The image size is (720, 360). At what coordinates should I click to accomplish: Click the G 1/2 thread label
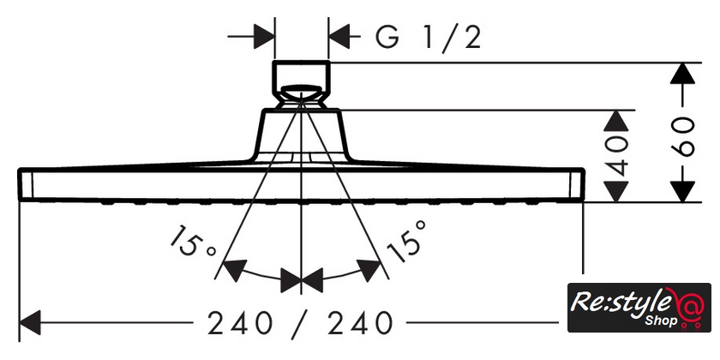click(428, 38)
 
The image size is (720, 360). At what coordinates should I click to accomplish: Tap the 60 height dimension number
click(682, 137)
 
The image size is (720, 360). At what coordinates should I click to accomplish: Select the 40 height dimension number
click(615, 156)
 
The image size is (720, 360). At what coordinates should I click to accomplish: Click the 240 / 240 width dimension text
click(300, 323)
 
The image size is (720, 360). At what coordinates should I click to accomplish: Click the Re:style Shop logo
click(639, 307)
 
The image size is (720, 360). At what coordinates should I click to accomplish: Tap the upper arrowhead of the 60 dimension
click(682, 73)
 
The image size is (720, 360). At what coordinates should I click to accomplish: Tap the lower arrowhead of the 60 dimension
click(682, 191)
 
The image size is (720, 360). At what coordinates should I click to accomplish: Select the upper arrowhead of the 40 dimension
click(615, 121)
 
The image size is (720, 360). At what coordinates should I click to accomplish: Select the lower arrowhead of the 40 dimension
click(615, 191)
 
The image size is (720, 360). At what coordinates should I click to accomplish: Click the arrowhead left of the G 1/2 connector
click(264, 37)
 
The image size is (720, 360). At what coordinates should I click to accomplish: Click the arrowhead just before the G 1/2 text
click(339, 37)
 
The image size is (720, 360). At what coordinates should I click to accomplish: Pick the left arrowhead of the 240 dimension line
click(30, 322)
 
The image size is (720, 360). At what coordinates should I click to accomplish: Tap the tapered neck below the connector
click(301, 135)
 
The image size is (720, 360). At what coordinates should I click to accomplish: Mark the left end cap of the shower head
click(26, 184)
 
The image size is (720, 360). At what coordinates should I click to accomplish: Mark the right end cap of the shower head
click(577, 184)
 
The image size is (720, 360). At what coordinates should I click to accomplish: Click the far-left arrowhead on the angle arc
click(234, 271)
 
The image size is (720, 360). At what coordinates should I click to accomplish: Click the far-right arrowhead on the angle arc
click(369, 271)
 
